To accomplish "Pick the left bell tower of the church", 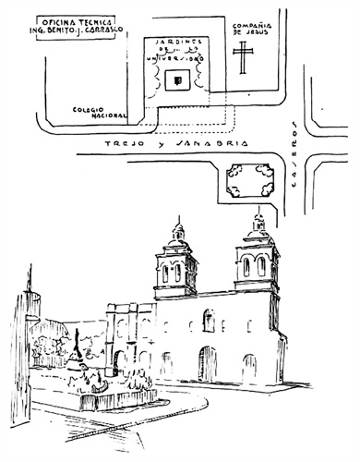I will tap(175, 263).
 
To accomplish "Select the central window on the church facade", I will tap(209, 321).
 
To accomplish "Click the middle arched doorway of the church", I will tap(208, 363).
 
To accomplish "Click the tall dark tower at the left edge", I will tap(33, 333).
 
